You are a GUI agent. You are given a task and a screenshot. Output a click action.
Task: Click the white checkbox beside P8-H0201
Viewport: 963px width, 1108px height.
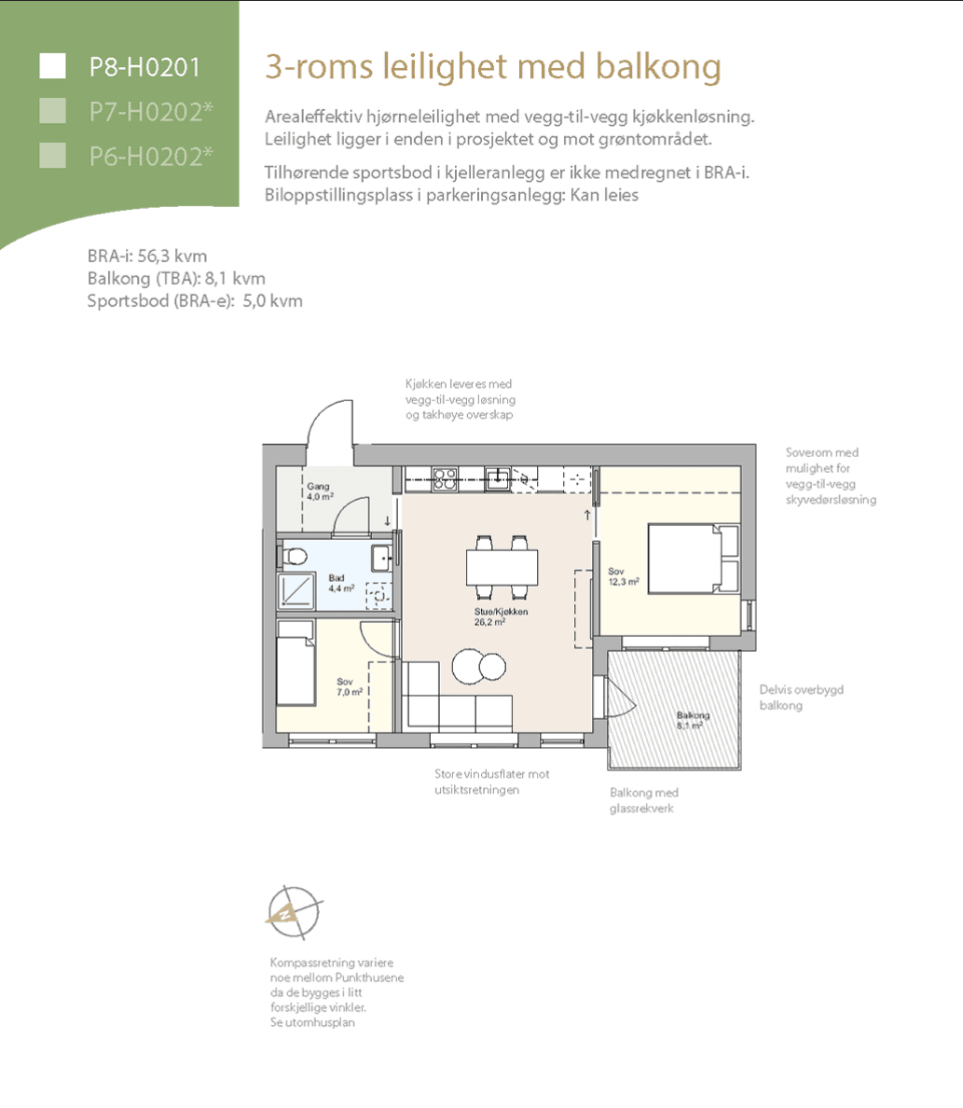click(x=52, y=66)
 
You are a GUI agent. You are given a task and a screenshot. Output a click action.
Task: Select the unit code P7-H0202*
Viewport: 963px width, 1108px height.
click(x=150, y=112)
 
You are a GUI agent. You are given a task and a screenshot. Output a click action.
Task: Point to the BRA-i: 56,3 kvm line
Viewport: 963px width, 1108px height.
click(x=147, y=256)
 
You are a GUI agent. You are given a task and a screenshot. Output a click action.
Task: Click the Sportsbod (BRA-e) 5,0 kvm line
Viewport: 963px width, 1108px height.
click(x=195, y=301)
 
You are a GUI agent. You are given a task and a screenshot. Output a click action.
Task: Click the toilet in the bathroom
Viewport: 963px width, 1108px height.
click(x=294, y=557)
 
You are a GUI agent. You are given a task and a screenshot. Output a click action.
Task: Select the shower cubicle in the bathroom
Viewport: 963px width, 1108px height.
click(x=296, y=590)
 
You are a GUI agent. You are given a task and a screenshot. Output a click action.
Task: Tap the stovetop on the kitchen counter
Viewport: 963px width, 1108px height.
click(x=445, y=479)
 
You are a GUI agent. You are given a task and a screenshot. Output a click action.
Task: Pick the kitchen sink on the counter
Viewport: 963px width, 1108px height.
click(x=498, y=479)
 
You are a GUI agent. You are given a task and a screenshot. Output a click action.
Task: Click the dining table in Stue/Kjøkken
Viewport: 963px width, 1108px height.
click(x=502, y=567)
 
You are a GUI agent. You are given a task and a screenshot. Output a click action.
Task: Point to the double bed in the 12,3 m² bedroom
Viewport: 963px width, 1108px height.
click(x=694, y=559)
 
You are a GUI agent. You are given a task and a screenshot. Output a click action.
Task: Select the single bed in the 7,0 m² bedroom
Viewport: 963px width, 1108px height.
click(x=296, y=663)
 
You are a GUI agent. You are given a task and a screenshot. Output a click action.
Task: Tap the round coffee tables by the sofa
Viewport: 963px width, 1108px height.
click(x=478, y=666)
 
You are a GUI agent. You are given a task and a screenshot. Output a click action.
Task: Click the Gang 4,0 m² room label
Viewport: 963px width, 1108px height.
click(x=320, y=492)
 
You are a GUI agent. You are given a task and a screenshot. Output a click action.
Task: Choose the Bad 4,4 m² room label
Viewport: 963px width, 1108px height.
click(x=341, y=583)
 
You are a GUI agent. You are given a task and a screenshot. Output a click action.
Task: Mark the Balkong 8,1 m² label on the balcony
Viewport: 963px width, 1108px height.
click(x=693, y=720)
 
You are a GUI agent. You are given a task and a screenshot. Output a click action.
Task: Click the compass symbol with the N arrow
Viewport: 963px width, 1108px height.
click(x=294, y=912)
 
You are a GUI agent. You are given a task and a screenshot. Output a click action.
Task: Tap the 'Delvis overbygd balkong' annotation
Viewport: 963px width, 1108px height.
click(x=801, y=698)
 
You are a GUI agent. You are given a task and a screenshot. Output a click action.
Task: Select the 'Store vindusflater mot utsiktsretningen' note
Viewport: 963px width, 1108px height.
click(x=491, y=782)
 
